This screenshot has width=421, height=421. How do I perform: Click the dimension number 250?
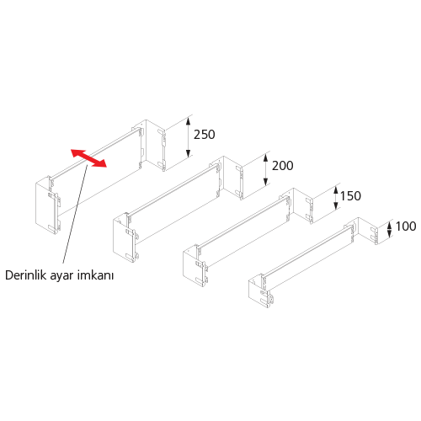205,135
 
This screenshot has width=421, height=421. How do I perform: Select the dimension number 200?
283,166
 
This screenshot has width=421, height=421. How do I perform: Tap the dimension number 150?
350,196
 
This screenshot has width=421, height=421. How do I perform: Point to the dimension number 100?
406,226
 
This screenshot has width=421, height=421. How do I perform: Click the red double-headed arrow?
88,158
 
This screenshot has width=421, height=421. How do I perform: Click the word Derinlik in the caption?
26,275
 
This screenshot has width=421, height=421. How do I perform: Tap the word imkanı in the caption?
95,275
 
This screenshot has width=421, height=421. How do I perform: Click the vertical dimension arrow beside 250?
188,137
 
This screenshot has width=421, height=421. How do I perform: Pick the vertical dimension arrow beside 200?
265,170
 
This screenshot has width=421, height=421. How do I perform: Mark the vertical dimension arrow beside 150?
335,199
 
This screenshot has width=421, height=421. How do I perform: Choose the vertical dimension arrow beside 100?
389,230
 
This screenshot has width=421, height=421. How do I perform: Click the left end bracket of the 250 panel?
48,205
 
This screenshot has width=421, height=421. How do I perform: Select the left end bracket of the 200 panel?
125,237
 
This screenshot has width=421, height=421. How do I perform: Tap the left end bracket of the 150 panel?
195,266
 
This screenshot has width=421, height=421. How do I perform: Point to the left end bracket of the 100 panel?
261,292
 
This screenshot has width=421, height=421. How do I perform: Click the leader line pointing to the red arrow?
75,215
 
